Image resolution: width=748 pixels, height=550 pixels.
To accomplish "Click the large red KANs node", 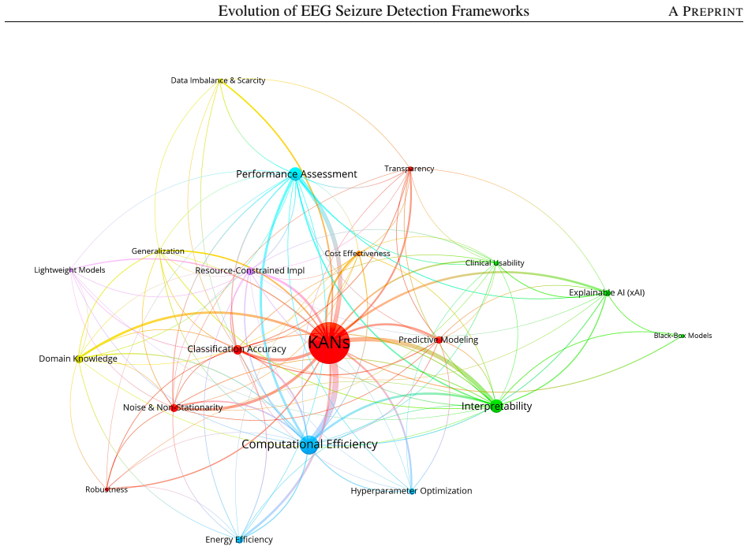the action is coord(329,343).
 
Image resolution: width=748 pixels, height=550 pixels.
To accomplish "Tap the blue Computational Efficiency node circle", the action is coord(309,444).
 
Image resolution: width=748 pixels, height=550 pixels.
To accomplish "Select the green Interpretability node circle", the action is coord(496,406).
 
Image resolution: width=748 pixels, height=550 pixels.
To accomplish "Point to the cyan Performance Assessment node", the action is coord(295,174).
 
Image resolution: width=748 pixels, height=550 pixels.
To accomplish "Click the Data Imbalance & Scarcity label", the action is coord(218,80).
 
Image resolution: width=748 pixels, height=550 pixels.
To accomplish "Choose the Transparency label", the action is coord(410,169).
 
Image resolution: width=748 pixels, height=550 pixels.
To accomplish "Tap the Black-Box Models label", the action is coord(683,336).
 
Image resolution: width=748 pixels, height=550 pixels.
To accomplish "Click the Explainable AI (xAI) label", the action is coord(607,292).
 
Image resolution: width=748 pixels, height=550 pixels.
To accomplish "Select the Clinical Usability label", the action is coord(495,263).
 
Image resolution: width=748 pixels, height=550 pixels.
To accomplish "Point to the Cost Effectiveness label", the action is coord(357,254).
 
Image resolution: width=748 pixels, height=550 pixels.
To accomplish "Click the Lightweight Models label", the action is coord(69,270).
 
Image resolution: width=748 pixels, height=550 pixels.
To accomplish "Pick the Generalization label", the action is coord(158,251).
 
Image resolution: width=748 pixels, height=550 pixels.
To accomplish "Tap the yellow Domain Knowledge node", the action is coord(79,359).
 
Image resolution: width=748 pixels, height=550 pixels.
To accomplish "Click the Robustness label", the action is coord(107,489).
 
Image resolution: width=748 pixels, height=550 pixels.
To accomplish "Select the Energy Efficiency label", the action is coord(239,540).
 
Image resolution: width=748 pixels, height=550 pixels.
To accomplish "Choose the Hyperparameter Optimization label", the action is coord(411,491).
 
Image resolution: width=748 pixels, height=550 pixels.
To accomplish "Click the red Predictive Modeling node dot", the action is coord(439,340).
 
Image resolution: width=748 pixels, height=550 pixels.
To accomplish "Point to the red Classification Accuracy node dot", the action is coord(237,349).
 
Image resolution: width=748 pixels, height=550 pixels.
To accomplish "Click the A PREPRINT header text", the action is coord(705,12).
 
